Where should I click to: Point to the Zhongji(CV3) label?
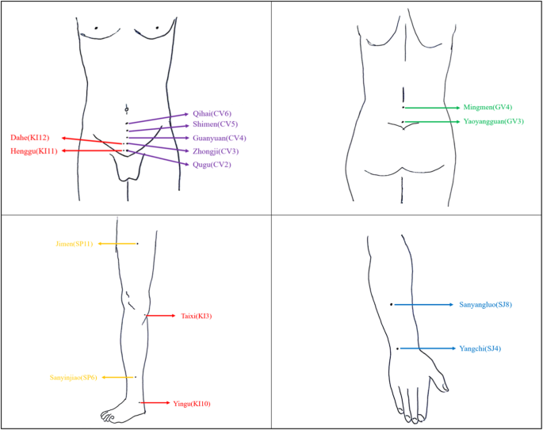pos(216,150)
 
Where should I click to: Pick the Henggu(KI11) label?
pos(29,150)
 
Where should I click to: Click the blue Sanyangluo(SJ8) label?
pos(485,304)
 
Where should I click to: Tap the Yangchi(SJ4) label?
pos(480,348)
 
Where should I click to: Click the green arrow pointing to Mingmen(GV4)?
pos(432,107)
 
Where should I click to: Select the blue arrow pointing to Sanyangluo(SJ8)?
pos(423,304)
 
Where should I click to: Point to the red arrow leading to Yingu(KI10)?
pos(154,404)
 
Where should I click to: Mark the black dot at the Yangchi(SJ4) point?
pos(397,348)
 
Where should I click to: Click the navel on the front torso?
pos(127,107)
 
